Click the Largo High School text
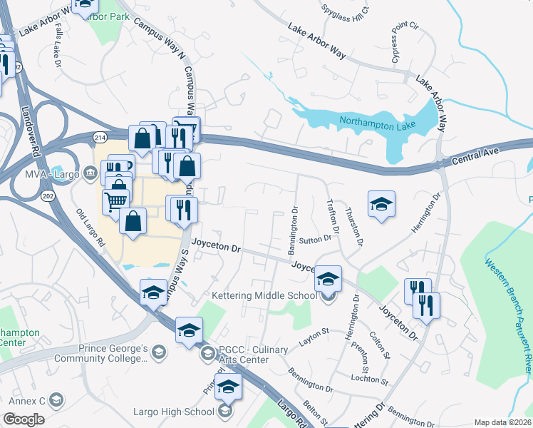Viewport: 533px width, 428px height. pyautogui.click(x=173, y=412)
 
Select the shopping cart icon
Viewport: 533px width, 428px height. pyautogui.click(x=115, y=201)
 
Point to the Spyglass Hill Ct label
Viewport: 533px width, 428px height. pyautogui.click(x=347, y=12)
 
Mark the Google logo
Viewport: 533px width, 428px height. pyautogui.click(x=24, y=419)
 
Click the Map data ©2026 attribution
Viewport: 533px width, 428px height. pyautogui.click(x=502, y=422)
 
